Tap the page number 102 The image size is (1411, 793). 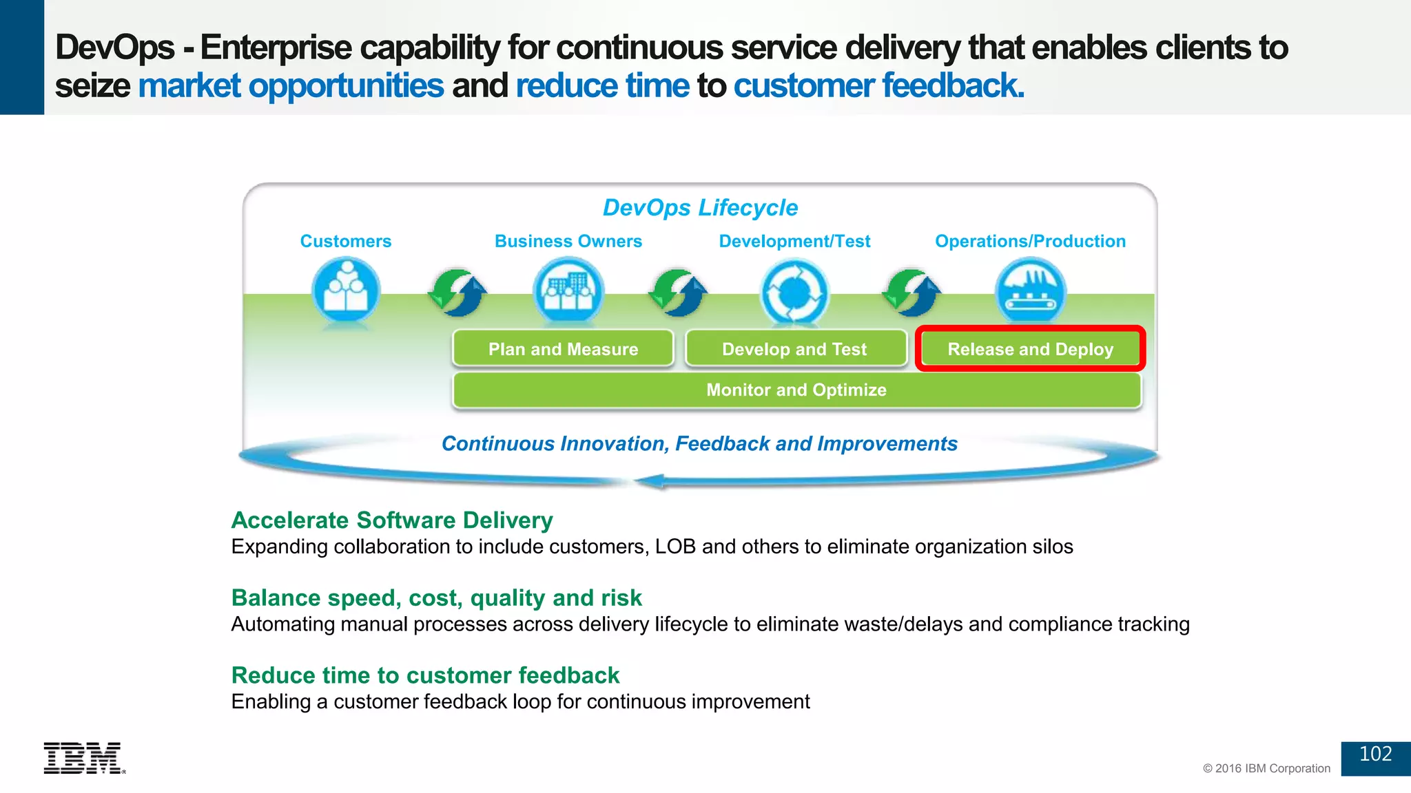point(1375,754)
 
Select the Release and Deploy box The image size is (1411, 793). point(1030,349)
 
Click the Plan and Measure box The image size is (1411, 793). point(563,349)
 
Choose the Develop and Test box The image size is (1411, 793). point(794,349)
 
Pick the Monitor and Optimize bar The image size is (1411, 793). point(796,390)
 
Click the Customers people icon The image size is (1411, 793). point(345,290)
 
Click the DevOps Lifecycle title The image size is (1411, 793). point(700,208)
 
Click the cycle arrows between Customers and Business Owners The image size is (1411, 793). point(457,293)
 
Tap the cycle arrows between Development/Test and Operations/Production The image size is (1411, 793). point(912,293)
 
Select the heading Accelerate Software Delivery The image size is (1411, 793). point(392,520)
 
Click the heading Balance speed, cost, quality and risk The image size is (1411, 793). point(436,598)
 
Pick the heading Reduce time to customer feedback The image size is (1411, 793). point(425,675)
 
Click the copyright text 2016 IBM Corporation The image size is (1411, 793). point(1266,768)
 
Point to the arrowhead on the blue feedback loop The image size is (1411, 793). point(650,481)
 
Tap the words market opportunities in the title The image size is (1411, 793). point(291,86)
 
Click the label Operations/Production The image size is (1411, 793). point(1030,242)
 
